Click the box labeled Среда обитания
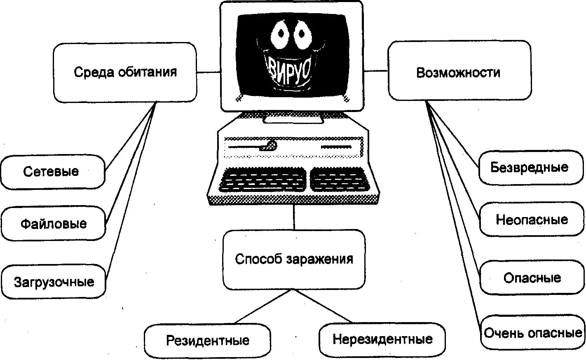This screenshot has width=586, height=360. click(125, 72)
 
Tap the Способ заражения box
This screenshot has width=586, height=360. click(294, 259)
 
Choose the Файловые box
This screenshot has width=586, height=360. click(53, 224)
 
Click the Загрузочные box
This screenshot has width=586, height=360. click(54, 282)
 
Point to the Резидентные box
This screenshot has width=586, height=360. click(208, 341)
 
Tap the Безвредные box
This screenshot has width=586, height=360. click(531, 167)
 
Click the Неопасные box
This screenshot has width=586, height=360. click(532, 219)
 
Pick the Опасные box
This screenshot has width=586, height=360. click(532, 278)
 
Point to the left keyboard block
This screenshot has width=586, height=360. click(263, 180)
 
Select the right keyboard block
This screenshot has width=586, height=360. click(338, 179)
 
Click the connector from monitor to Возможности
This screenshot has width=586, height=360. click(375, 71)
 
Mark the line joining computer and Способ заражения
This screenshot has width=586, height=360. click(294, 217)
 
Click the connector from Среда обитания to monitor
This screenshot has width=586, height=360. click(209, 72)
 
